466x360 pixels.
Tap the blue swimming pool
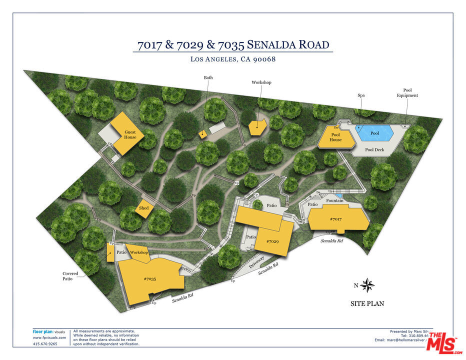click(374, 133)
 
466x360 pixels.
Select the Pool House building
click(335, 137)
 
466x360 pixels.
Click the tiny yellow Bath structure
click(202, 133)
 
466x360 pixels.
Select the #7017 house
click(338, 219)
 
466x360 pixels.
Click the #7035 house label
click(150, 279)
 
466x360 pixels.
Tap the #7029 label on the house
click(272, 241)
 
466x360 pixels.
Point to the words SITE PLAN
click(367, 303)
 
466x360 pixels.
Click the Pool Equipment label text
click(407, 92)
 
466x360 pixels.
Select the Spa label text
click(361, 95)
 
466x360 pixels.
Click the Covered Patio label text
click(70, 276)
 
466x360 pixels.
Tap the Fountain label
click(334, 201)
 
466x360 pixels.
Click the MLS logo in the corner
click(442, 342)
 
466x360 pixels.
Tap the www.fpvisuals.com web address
click(45, 337)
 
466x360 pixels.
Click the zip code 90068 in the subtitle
click(264, 59)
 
